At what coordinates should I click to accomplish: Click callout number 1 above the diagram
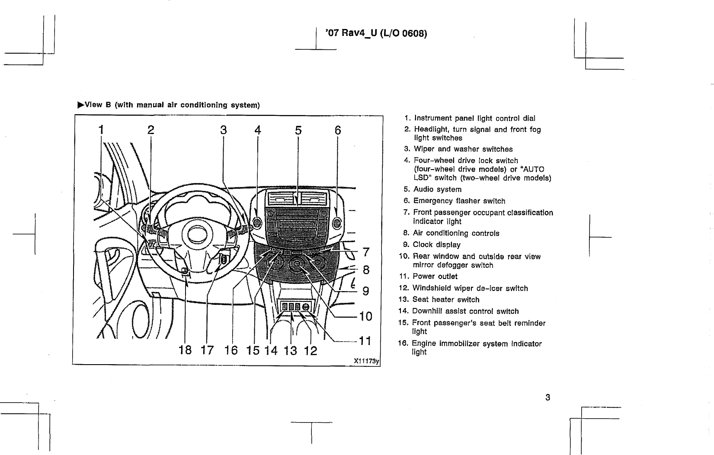pos(101,130)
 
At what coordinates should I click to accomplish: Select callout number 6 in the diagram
pos(338,130)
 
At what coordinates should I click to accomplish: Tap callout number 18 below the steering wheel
pos(185,350)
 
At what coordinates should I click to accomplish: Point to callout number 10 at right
pos(365,316)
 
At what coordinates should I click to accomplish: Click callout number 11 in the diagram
pos(365,341)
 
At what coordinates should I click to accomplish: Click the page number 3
pos(548,397)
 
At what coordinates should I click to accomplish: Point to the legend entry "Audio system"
pos(437,189)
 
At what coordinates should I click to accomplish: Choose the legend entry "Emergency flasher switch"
pos(459,201)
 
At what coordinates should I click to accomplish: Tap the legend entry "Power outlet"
pos(435,276)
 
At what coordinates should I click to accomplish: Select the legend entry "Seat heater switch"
pos(445,300)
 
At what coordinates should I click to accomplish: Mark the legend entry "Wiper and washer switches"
pos(463,149)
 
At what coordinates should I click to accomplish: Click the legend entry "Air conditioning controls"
pos(456,234)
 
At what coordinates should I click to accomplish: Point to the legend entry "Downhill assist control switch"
pos(465,311)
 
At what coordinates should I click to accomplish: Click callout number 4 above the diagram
pos(258,130)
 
